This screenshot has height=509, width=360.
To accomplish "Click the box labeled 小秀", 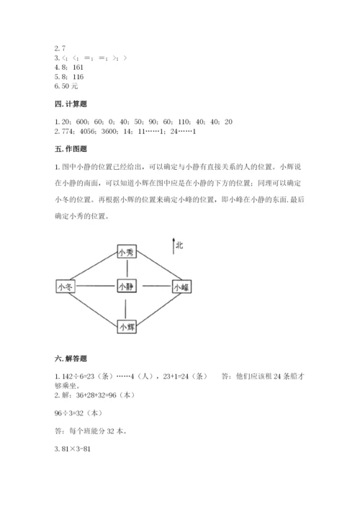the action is (127, 252).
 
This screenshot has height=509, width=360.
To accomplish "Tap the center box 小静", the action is (127, 287).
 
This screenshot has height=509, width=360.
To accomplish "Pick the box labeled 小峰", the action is (181, 287).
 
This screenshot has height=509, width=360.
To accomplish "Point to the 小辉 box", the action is (127, 326).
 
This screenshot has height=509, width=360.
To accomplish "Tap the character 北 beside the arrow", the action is (179, 246).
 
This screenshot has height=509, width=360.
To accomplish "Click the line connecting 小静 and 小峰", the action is (154, 287).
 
